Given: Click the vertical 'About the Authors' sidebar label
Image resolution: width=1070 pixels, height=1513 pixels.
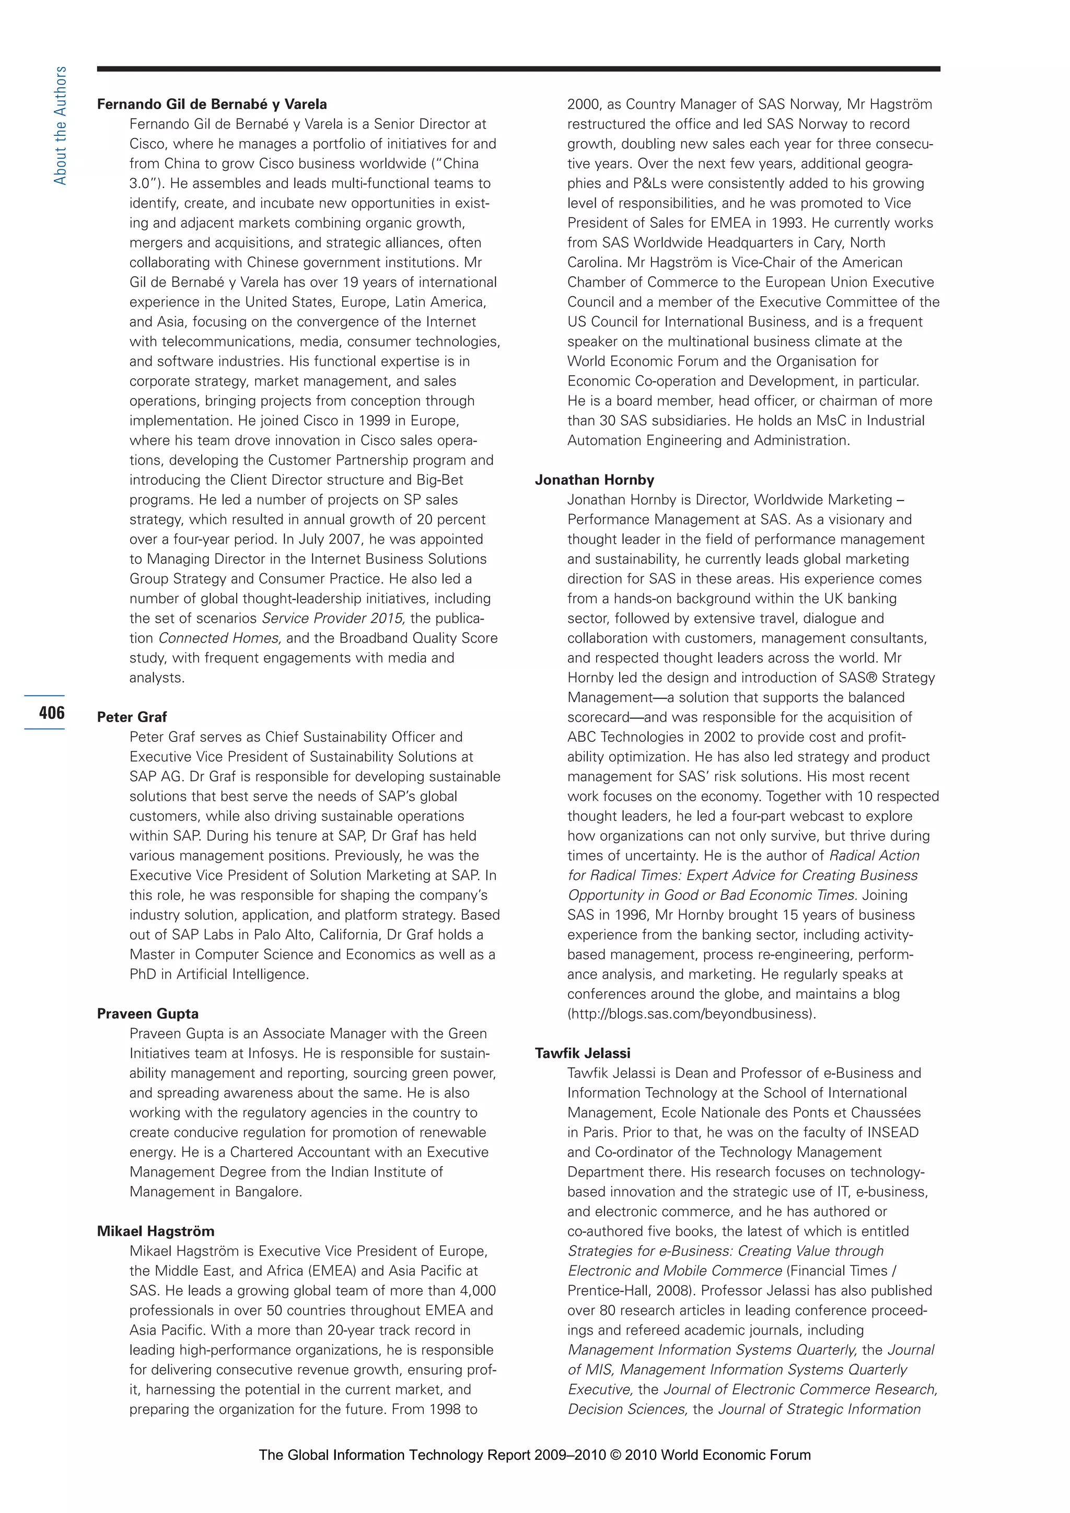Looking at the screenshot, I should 60,125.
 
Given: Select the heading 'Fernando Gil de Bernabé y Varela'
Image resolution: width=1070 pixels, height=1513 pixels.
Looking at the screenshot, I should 212,104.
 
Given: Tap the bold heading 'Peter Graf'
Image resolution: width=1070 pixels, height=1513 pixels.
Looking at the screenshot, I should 132,717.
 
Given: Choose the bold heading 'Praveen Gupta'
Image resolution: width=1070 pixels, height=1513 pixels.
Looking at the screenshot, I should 147,1014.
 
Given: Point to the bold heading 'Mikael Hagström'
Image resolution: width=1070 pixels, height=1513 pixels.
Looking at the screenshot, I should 156,1231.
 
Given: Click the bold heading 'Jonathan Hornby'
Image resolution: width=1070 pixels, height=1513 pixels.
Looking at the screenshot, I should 594,480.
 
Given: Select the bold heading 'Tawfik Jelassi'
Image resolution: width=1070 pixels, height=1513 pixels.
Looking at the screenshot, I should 583,1053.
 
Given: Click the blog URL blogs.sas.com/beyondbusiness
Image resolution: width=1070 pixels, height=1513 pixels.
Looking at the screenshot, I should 691,1014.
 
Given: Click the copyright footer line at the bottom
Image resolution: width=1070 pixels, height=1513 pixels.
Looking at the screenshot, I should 534,1455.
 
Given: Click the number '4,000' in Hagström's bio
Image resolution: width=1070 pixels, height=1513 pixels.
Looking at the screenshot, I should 472,1290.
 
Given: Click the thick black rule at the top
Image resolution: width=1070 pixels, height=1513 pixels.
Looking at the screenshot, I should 518,68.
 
